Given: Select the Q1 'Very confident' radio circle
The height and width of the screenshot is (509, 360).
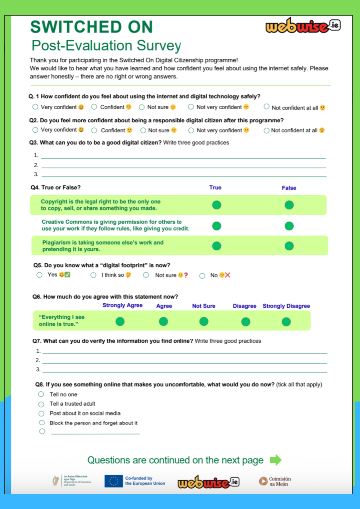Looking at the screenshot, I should pyautogui.click(x=35, y=107).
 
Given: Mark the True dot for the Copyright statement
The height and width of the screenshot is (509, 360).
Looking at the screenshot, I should pyautogui.click(x=216, y=205).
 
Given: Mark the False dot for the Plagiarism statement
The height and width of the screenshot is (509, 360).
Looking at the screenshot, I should pyautogui.click(x=289, y=246).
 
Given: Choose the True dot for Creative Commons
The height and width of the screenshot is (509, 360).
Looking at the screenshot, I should pyautogui.click(x=216, y=226).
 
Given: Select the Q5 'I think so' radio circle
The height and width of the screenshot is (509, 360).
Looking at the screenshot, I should pyautogui.click(x=93, y=275).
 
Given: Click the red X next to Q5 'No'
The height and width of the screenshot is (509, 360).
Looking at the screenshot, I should pyautogui.click(x=228, y=275).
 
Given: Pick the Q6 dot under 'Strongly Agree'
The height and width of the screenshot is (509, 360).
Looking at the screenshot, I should pyautogui.click(x=120, y=321).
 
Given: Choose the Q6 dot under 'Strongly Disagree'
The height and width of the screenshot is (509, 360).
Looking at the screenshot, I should pyautogui.click(x=286, y=321).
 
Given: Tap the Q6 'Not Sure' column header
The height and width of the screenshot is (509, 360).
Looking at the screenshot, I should pyautogui.click(x=204, y=306).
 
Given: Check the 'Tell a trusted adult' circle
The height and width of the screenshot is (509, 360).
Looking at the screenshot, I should pyautogui.click(x=41, y=404).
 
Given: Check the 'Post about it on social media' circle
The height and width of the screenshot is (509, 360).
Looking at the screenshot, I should pyautogui.click(x=41, y=414).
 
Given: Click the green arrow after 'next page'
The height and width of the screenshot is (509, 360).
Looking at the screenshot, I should pyautogui.click(x=275, y=460).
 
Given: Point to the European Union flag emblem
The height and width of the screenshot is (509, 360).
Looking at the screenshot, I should pyautogui.click(x=113, y=481).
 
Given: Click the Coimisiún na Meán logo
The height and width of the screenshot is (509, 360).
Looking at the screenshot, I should pyautogui.click(x=274, y=481).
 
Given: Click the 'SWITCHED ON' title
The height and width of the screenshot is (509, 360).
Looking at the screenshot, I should pyautogui.click(x=91, y=26).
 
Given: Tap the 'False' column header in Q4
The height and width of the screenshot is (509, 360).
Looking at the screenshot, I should pyautogui.click(x=289, y=188).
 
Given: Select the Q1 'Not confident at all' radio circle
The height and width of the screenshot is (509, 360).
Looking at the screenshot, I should pyautogui.click(x=267, y=107).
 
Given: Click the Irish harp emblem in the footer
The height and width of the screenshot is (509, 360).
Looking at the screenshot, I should pyautogui.click(x=56, y=481).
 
